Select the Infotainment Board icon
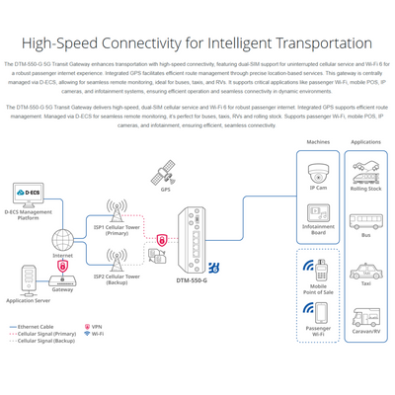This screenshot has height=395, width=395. [x=318, y=215]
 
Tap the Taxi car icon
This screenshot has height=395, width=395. [x=366, y=269]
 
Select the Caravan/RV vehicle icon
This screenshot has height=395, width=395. [x=366, y=317]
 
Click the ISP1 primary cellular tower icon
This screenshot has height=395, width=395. [x=117, y=210]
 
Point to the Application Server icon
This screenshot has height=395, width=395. [x=27, y=284]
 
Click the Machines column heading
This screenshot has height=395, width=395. [x=318, y=142]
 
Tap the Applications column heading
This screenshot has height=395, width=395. [x=366, y=142]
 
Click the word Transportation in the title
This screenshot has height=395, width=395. [x=317, y=44]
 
